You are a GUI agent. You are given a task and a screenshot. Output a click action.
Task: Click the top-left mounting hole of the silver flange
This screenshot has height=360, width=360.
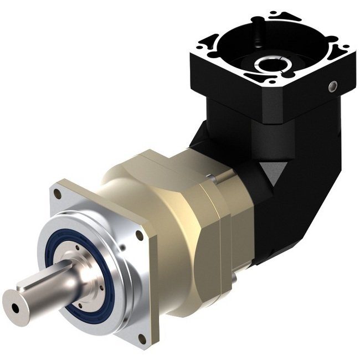(58, 194)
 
